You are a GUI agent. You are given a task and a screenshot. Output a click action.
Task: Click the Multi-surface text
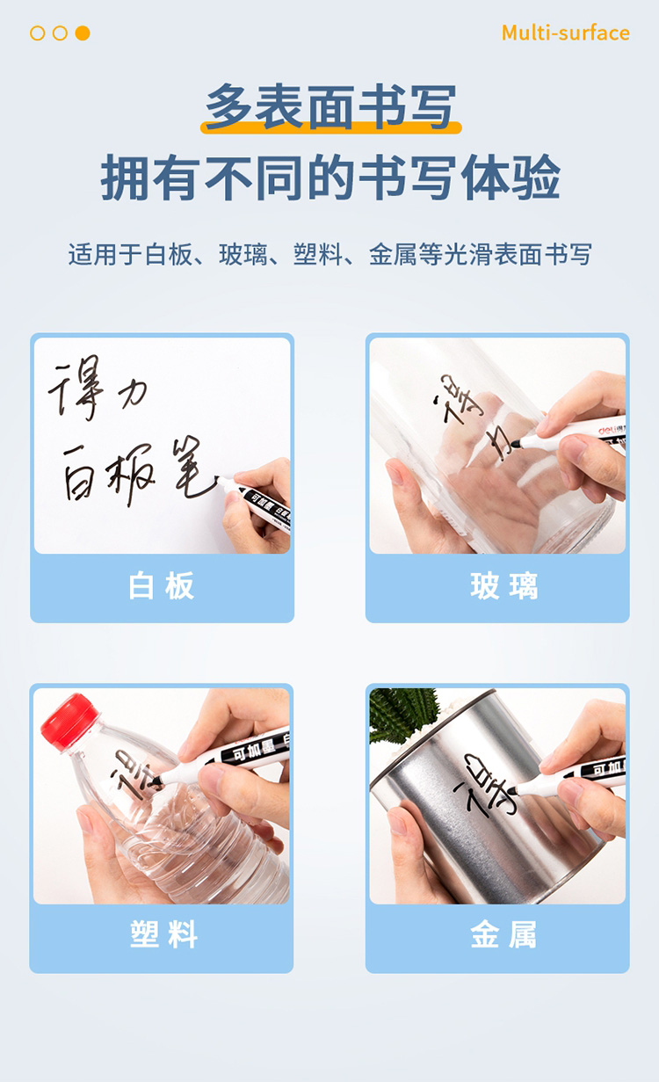[565, 33]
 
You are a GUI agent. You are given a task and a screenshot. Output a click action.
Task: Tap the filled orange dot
[83, 33]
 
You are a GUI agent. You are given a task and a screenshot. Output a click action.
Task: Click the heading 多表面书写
[331, 106]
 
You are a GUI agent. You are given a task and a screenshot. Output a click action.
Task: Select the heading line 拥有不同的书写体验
[330, 178]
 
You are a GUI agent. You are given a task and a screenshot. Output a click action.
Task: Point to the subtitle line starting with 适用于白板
[329, 254]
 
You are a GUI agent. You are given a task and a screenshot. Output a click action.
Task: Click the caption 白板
[162, 586]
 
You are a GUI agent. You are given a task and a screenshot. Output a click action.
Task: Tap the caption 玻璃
[504, 586]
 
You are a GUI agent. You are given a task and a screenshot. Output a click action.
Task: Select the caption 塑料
[163, 933]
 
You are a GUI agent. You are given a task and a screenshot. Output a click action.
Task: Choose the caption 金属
[503, 933]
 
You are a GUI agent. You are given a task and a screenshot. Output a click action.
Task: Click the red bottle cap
[69, 723]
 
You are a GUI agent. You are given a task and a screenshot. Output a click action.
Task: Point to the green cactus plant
[403, 713]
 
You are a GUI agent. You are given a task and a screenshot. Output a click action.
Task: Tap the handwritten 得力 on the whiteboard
[97, 388]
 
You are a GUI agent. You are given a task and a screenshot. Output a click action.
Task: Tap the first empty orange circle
[37, 33]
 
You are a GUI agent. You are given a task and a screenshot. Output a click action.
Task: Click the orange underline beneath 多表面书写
[331, 127]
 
